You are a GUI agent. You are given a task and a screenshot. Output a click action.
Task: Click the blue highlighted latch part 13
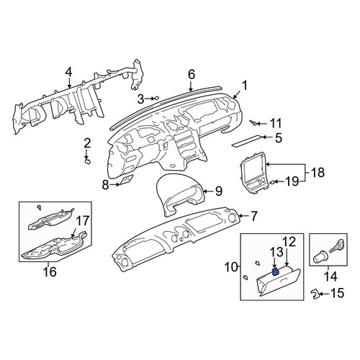[276, 271]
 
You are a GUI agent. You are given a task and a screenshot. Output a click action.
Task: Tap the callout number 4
[68, 71]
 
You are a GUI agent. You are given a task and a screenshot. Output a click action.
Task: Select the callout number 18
[317, 173]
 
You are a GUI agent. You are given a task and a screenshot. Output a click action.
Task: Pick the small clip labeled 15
[315, 294]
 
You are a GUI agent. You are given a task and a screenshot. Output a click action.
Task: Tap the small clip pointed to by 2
[88, 161]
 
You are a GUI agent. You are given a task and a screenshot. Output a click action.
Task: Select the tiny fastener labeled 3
[156, 98]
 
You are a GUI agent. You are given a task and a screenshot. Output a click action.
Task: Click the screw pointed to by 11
[253, 123]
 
